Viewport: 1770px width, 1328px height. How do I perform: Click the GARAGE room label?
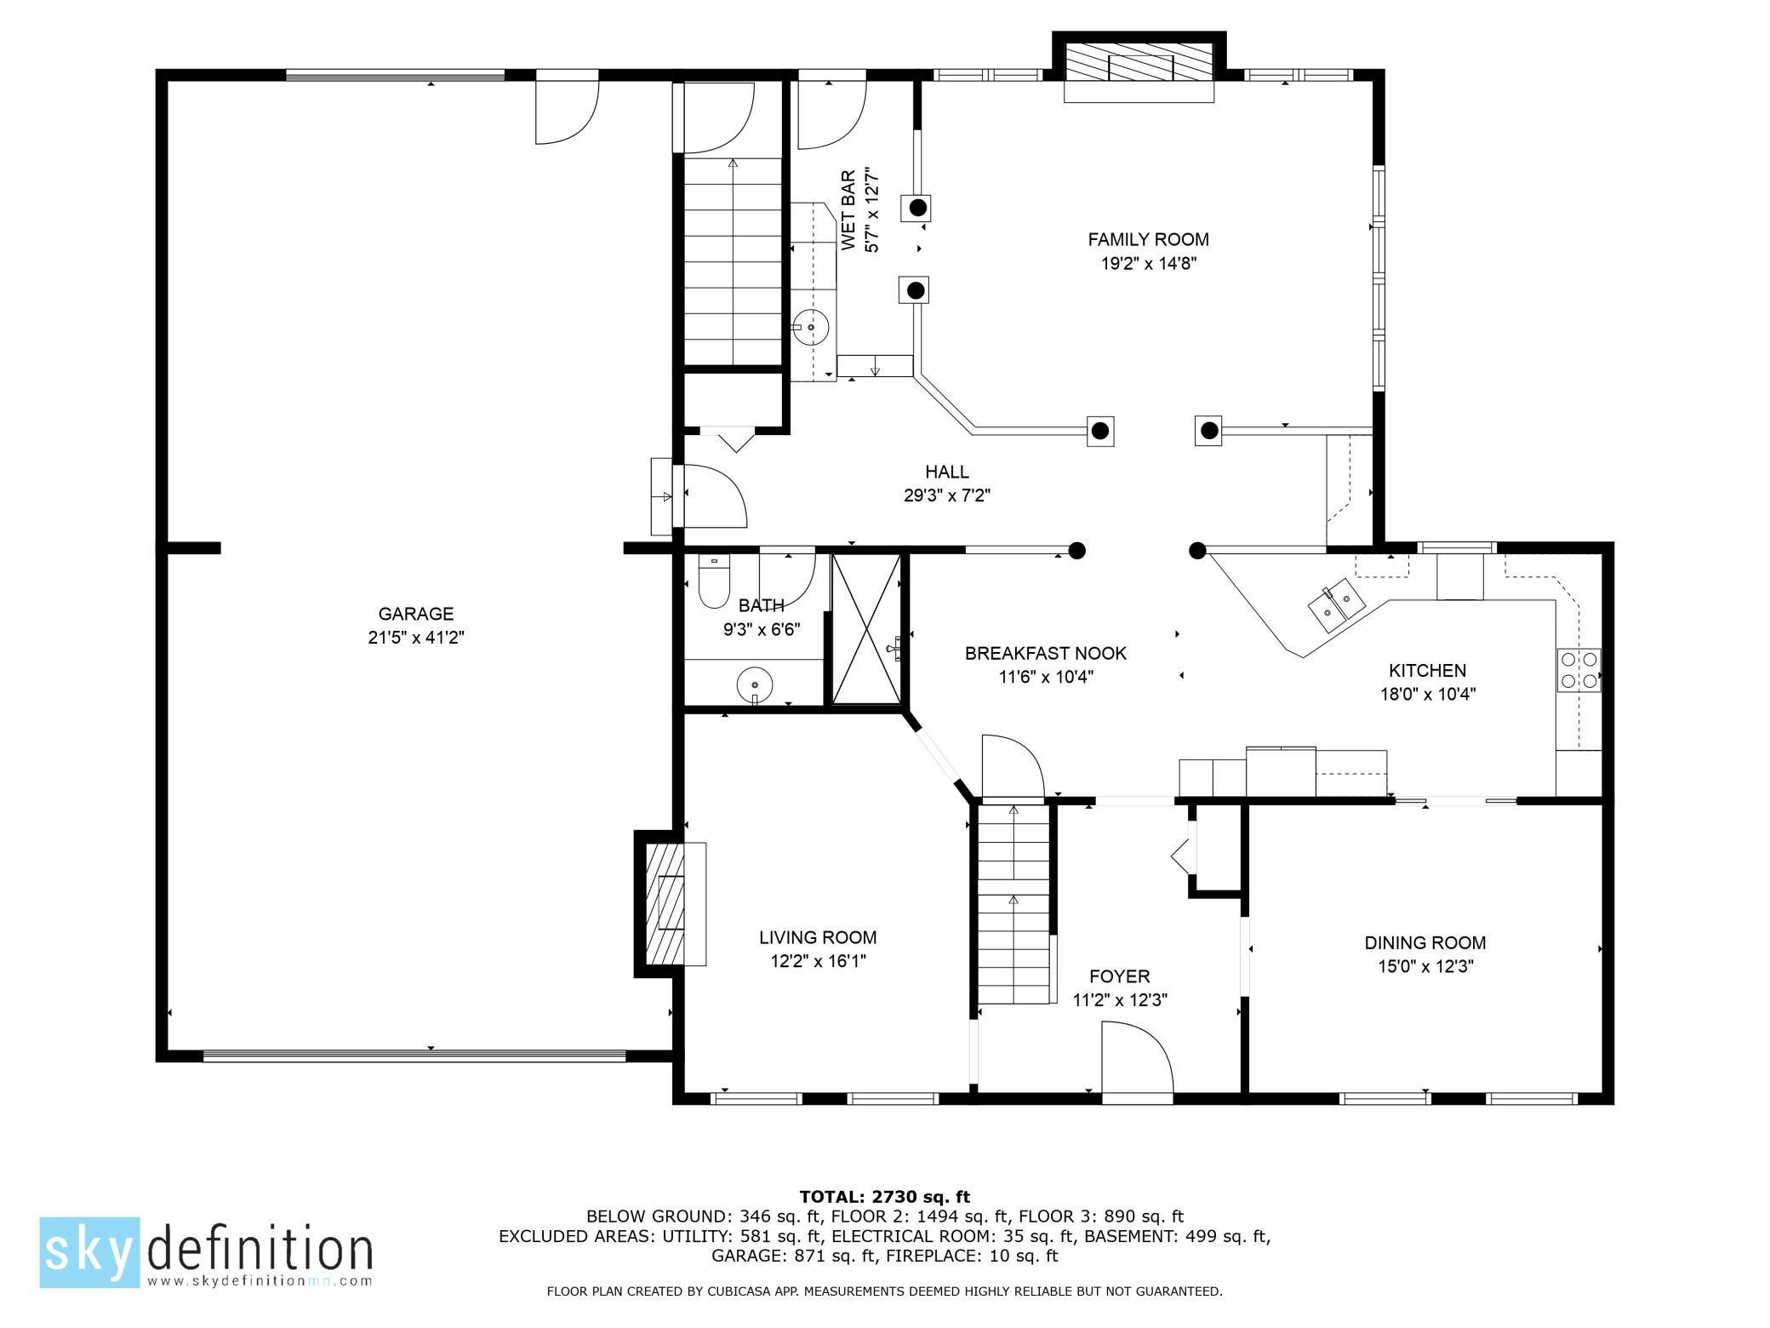tap(415, 614)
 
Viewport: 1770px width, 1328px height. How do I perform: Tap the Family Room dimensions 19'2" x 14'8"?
tap(1148, 264)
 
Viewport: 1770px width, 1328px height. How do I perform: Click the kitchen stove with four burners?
tap(1579, 669)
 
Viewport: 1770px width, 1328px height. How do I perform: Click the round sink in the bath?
tap(754, 684)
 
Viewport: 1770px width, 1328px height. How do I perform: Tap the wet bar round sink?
tap(811, 327)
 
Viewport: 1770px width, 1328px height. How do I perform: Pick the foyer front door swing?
tap(1136, 1059)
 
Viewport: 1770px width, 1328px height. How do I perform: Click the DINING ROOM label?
tap(1425, 943)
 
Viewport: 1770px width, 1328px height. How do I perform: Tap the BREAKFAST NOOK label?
tap(1045, 653)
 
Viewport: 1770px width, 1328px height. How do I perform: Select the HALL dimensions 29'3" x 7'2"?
tap(947, 495)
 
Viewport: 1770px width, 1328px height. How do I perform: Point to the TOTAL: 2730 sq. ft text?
tap(884, 1197)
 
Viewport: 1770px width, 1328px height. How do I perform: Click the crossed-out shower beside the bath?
tap(865, 628)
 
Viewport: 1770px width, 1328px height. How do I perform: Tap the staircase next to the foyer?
tap(1013, 907)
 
